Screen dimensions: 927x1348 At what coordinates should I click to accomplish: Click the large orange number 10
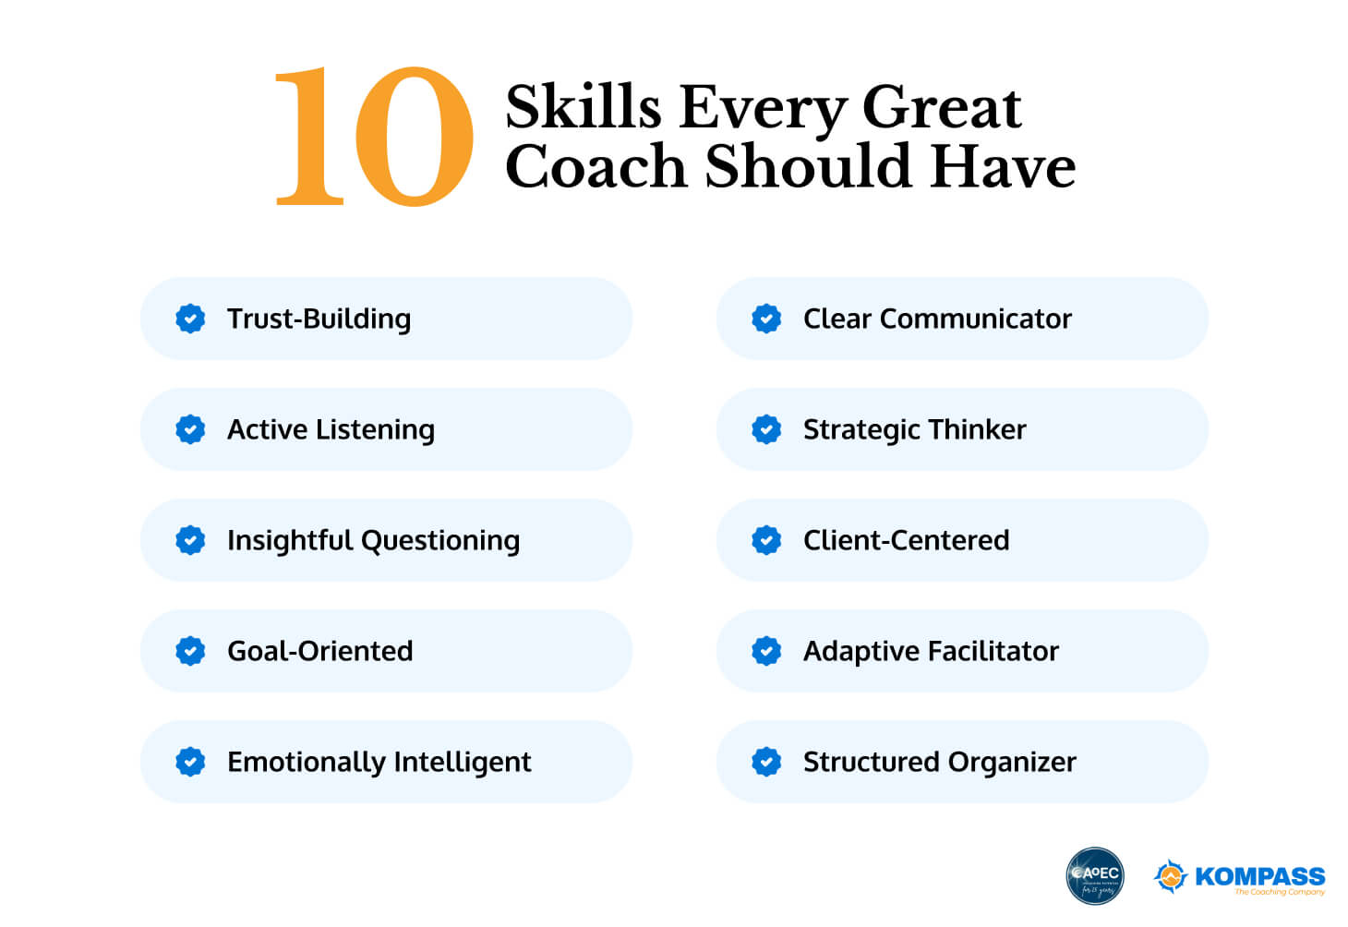(x=374, y=137)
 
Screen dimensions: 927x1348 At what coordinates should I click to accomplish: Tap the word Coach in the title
(x=596, y=167)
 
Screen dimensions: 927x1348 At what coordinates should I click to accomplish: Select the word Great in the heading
(x=941, y=107)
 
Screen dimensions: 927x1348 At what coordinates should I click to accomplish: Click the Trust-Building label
(x=319, y=319)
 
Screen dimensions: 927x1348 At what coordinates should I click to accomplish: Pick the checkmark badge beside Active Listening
(x=190, y=429)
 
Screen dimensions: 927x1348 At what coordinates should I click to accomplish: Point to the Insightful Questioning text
(x=373, y=540)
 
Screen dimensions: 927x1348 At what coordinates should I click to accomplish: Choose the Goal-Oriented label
(x=319, y=651)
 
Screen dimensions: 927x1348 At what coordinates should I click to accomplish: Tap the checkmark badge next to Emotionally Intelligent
(x=190, y=762)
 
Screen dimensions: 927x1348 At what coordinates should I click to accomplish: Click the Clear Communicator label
(x=937, y=319)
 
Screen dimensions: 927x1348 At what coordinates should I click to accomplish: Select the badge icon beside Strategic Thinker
(x=766, y=429)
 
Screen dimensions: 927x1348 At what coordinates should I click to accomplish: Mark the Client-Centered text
(x=906, y=540)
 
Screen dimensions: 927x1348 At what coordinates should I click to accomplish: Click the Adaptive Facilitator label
(x=931, y=651)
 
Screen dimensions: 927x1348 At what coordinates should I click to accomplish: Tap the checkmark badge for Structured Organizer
(x=766, y=762)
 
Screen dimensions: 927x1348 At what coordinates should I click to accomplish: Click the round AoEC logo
(x=1094, y=875)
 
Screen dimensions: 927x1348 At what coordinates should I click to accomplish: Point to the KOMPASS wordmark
(x=1259, y=875)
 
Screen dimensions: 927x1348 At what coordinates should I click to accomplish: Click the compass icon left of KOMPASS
(x=1170, y=875)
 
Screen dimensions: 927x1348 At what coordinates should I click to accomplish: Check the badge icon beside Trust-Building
(x=190, y=319)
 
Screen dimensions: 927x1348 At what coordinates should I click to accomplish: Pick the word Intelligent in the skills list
(x=463, y=762)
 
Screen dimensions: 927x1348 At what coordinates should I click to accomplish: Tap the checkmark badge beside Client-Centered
(x=766, y=540)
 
